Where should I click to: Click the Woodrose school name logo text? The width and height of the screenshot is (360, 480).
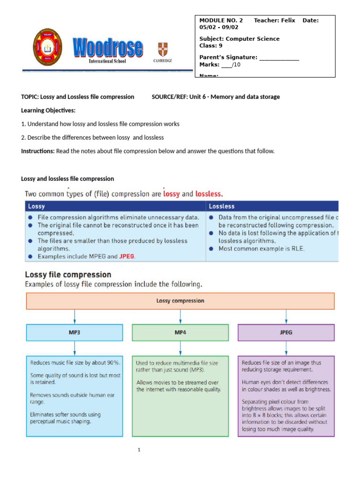click(107, 47)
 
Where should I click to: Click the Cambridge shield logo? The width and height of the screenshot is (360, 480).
click(163, 50)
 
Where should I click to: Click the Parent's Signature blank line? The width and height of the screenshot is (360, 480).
click(279, 57)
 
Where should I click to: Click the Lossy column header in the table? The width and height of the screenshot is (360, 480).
click(37, 206)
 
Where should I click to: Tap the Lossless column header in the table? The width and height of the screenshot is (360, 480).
click(222, 206)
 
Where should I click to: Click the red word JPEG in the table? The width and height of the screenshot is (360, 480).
click(127, 256)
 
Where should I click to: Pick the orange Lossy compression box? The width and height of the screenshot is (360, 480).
click(180, 301)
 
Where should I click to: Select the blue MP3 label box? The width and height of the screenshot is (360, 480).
click(75, 332)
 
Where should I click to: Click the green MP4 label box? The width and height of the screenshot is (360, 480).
click(180, 332)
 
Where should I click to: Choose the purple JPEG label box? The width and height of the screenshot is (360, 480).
click(286, 332)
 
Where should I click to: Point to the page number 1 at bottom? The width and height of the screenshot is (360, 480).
click(139, 450)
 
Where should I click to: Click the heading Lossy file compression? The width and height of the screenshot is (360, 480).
click(68, 275)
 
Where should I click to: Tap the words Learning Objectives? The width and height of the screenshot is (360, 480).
click(48, 110)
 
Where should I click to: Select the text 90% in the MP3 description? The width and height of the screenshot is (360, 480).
click(113, 363)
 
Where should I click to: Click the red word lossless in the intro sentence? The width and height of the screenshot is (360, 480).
click(208, 193)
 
